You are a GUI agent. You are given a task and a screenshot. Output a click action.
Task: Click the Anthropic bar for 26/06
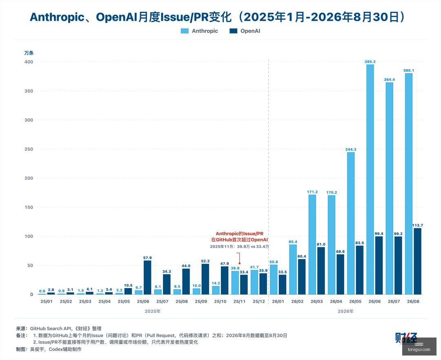pos(370,179)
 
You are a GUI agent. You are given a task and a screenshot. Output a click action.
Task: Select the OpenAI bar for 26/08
pos(418,261)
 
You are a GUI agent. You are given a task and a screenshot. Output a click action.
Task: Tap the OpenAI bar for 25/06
pos(147,277)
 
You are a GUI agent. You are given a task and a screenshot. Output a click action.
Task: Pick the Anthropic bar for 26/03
pos(312,245)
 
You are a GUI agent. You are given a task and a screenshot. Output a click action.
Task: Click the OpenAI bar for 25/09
pos(205,279)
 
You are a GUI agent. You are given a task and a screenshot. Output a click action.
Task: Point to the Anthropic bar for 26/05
pos(351,224)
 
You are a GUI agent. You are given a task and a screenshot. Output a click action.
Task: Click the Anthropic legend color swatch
pos(185,31)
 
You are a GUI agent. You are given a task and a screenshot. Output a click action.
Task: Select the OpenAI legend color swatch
pos(234,31)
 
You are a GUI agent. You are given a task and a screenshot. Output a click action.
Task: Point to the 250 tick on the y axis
pos(29,149)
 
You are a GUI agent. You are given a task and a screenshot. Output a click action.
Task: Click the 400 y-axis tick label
pos(29,62)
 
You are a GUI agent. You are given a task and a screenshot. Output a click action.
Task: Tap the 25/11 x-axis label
pos(239,302)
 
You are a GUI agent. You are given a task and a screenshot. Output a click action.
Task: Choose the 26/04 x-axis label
pos(336,302)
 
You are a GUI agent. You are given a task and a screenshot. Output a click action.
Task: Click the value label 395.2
pos(370,62)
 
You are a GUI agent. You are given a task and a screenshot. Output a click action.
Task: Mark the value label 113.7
pos(418,225)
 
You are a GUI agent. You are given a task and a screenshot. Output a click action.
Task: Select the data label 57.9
pos(147,258)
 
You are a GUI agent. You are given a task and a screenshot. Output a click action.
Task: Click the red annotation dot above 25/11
pos(239,264)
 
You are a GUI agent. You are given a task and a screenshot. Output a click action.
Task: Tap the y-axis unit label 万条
pos(29,53)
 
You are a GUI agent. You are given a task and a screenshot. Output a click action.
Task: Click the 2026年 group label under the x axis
pos(346,311)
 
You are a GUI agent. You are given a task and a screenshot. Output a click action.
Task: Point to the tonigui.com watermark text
pos(419,350)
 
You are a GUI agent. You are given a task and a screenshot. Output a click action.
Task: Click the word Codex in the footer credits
pos(56,349)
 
